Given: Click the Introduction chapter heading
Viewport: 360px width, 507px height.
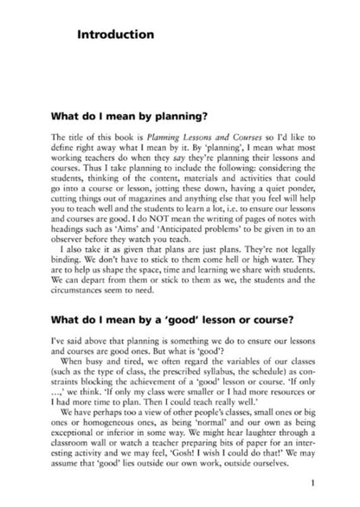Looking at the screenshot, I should [x=114, y=35].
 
